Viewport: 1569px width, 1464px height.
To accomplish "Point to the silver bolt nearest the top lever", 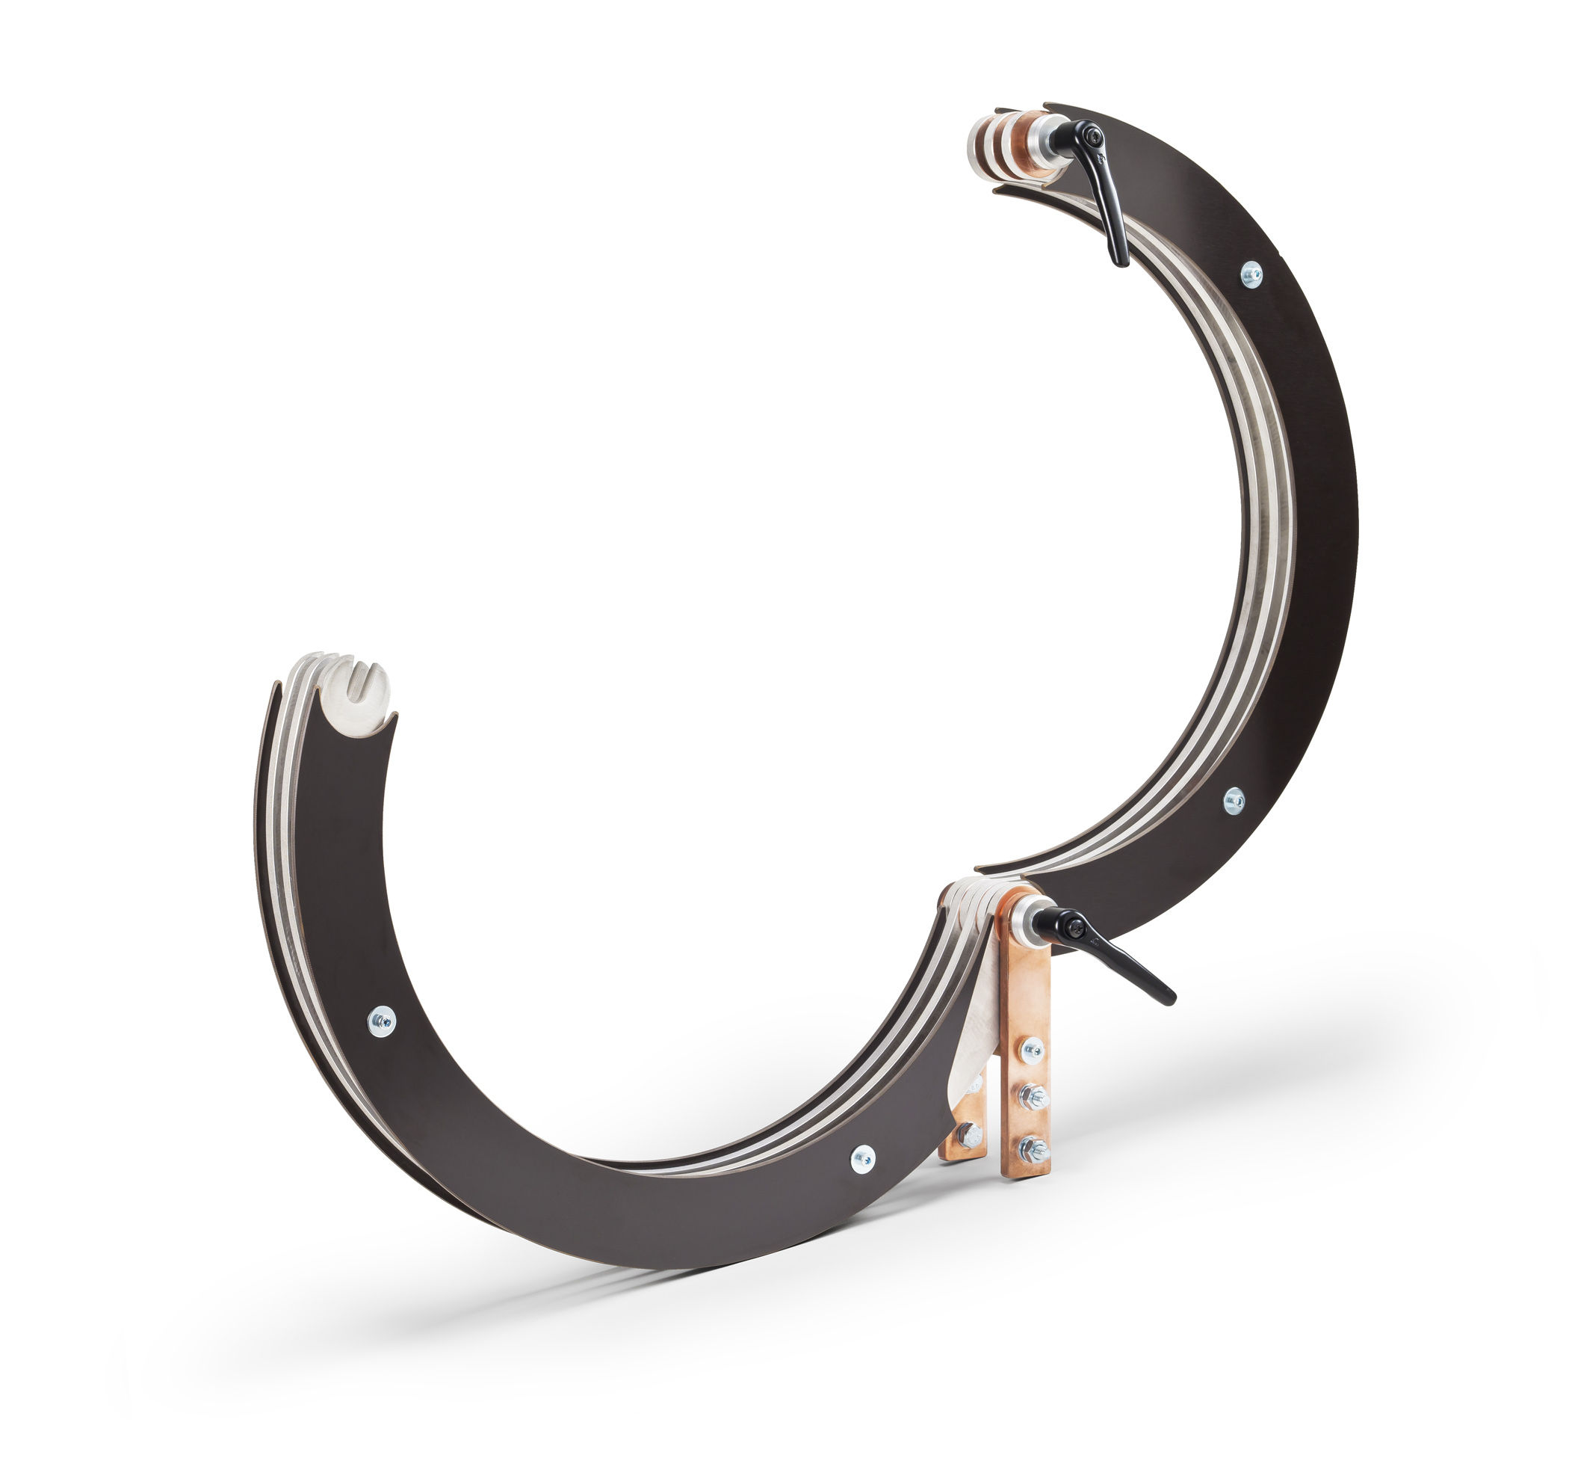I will point(1251,274).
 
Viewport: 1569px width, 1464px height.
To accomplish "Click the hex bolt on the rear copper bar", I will point(970,1135).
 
